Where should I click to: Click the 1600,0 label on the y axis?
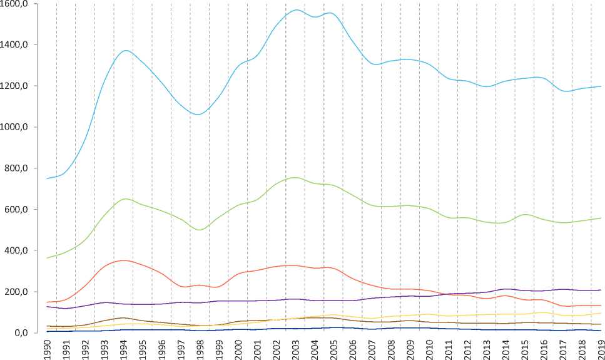[x=19, y=4]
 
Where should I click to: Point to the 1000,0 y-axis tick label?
[x=19, y=127]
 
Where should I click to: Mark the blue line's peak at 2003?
[x=295, y=10]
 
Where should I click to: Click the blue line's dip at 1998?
[x=198, y=115]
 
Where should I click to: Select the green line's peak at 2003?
[x=295, y=178]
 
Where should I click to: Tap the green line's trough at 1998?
[x=199, y=230]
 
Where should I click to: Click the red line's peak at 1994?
[x=125, y=260]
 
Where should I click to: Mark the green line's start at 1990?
[x=47, y=258]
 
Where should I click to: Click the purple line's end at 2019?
[x=601, y=290]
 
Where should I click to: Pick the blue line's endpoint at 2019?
[x=601, y=86]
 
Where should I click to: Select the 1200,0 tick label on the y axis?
[x=19, y=86]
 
